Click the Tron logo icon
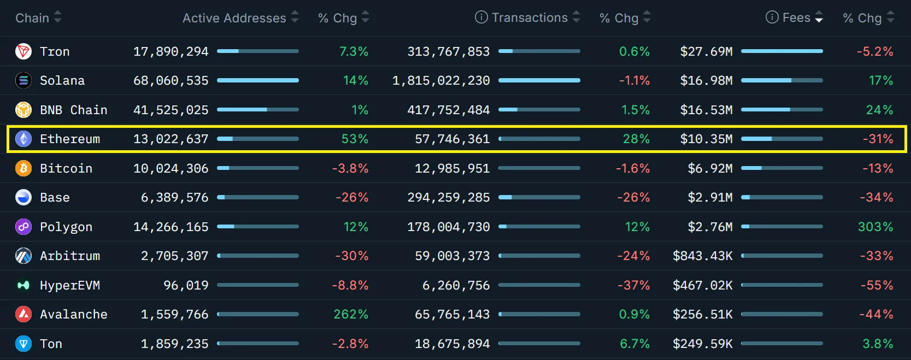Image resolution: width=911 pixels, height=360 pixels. (x=23, y=51)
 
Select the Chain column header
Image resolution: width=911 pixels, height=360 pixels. (x=32, y=18)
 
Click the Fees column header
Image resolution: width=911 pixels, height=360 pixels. (x=796, y=17)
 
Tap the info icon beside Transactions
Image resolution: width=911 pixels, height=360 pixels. (x=481, y=17)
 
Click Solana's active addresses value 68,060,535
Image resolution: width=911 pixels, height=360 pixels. (x=171, y=81)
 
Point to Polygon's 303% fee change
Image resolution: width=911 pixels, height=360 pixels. (x=875, y=227)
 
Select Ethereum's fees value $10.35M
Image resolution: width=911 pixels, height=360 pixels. (x=706, y=139)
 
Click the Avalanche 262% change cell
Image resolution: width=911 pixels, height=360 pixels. (x=351, y=314)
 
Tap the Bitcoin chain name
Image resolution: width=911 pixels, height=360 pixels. (x=66, y=168)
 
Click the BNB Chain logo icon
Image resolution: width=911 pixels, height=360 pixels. (x=23, y=110)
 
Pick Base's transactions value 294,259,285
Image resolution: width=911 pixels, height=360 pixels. (x=448, y=197)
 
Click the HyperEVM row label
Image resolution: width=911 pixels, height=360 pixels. (x=70, y=285)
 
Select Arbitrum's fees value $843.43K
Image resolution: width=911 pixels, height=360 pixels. (x=702, y=256)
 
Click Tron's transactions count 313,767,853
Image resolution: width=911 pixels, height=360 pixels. (x=448, y=51)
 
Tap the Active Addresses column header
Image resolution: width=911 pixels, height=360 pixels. (x=234, y=18)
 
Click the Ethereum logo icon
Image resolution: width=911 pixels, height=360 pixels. (x=23, y=139)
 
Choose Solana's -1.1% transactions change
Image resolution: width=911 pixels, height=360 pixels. (x=634, y=81)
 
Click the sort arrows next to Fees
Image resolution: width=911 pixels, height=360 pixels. (x=819, y=17)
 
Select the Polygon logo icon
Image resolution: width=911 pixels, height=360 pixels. (x=23, y=227)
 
